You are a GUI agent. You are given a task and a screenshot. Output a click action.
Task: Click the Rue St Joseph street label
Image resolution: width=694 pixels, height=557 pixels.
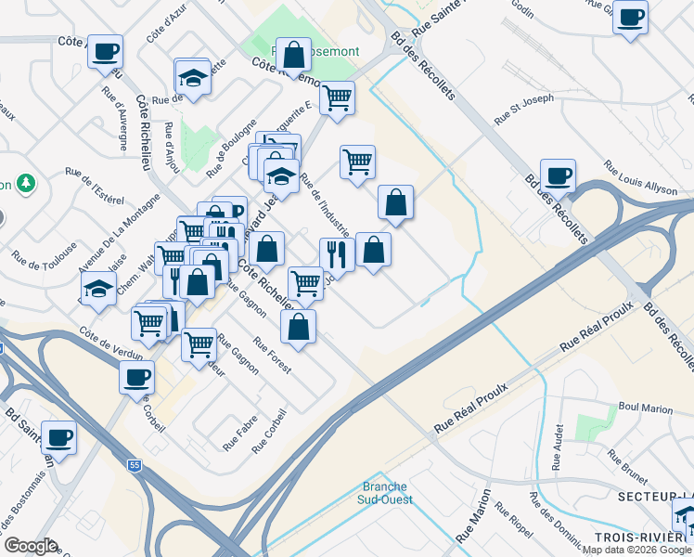pyautogui.click(x=524, y=108)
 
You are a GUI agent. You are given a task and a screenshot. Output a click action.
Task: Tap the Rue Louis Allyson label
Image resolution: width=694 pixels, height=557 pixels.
pyautogui.click(x=640, y=178)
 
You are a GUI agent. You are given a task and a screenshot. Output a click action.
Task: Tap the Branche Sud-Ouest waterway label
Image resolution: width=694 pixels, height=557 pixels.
pyautogui.click(x=387, y=493)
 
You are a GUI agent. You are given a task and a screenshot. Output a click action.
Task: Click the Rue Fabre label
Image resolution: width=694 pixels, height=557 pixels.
pyautogui.click(x=239, y=435)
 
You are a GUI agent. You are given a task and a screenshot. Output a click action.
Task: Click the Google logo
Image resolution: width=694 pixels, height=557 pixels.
pyautogui.click(x=31, y=546)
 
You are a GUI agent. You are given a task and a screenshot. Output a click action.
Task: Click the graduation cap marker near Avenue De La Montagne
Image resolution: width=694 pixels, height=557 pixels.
pyautogui.click(x=97, y=289)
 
